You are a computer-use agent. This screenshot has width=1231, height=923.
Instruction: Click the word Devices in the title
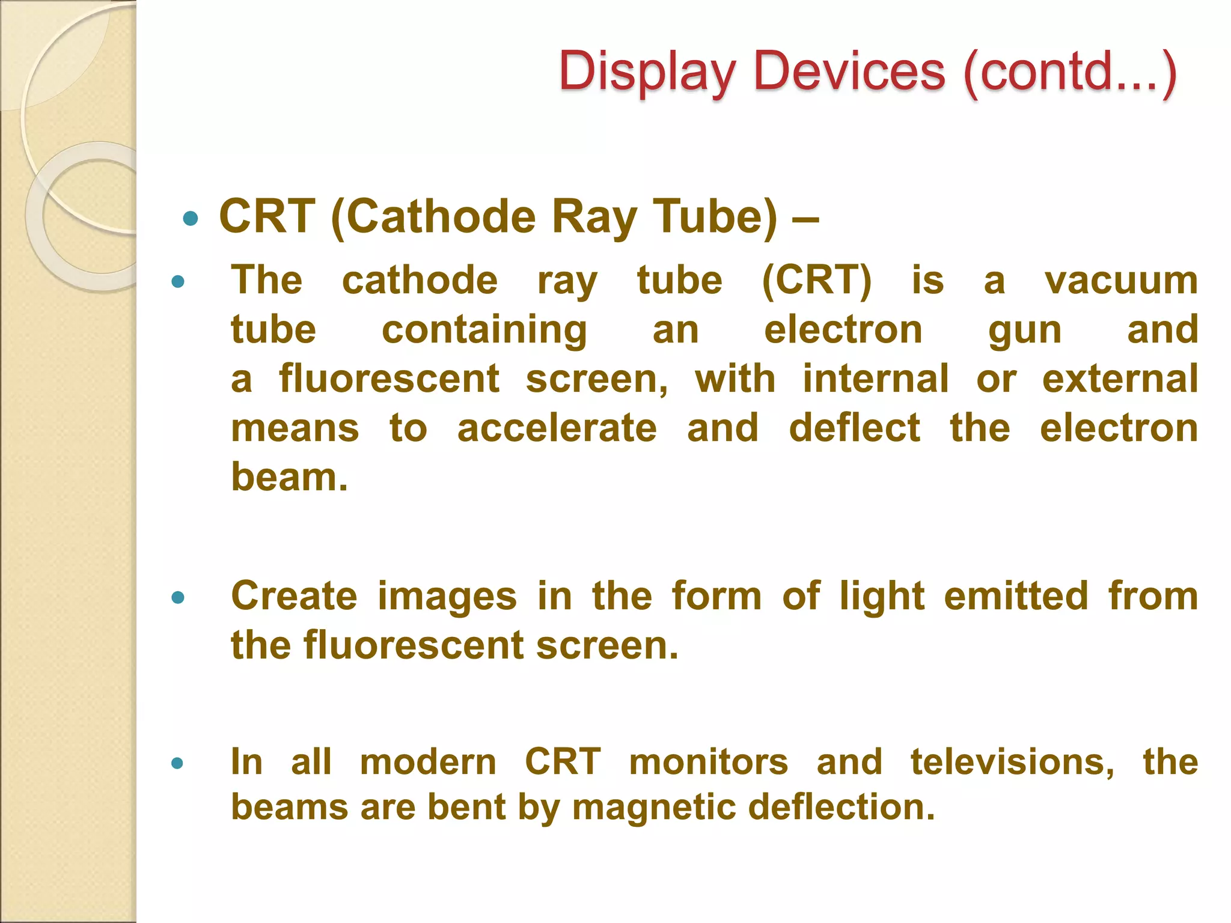(849, 72)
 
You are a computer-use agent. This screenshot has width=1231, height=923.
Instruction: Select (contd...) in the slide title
(1070, 73)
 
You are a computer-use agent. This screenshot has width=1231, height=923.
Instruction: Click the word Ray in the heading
(594, 218)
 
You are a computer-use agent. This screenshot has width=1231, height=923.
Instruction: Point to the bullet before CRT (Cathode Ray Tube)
(191, 218)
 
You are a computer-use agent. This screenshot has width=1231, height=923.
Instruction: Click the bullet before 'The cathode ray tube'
(178, 281)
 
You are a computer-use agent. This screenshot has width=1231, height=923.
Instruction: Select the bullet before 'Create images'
(178, 597)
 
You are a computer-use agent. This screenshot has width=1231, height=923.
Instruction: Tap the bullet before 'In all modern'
(177, 763)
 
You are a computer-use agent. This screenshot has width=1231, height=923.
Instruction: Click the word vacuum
(1121, 281)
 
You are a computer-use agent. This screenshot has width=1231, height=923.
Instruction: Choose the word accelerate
(557, 428)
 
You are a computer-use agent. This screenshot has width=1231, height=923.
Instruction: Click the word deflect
(854, 428)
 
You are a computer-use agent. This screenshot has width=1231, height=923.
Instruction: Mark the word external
(1120, 379)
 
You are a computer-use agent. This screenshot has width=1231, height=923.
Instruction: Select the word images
(447, 598)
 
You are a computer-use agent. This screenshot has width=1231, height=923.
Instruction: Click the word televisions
(1012, 762)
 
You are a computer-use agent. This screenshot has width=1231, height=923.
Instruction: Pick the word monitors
(709, 762)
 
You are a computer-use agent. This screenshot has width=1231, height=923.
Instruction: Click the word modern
(428, 762)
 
